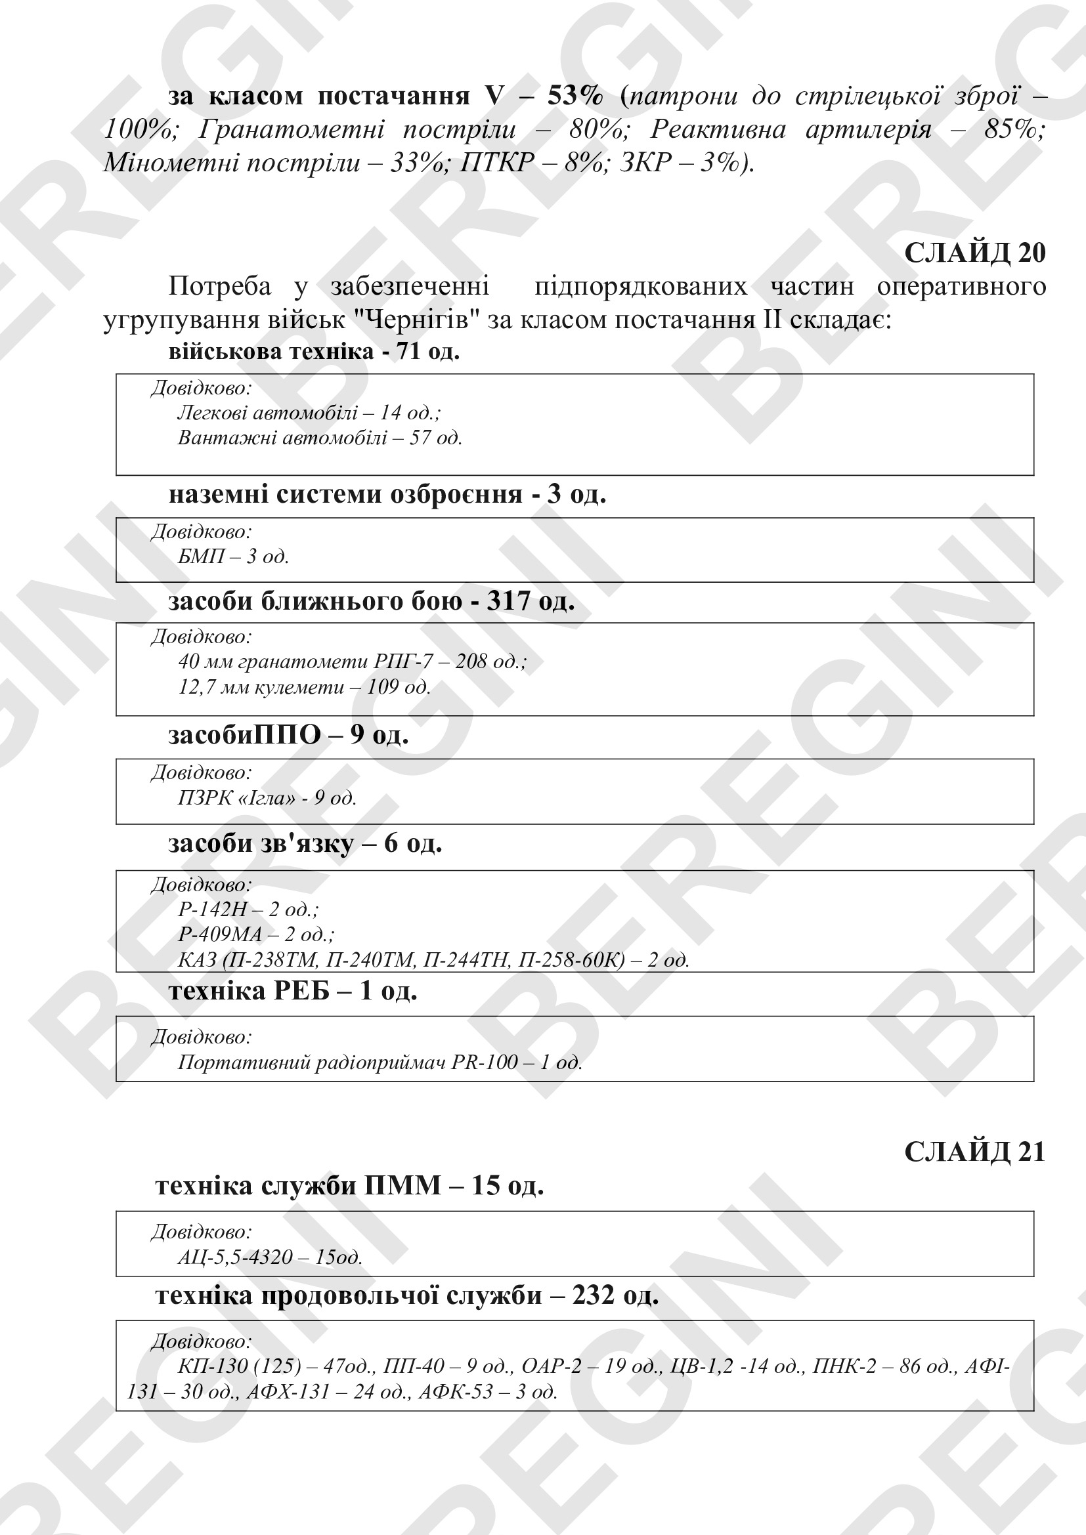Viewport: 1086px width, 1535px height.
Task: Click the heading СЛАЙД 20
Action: click(974, 253)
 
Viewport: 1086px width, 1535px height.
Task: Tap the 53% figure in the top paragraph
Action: click(575, 96)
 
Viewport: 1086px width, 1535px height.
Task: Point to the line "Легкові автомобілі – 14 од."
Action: click(309, 413)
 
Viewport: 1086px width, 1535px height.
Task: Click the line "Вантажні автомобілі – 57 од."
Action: click(320, 438)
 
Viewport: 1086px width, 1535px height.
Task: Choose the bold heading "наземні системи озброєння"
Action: click(345, 494)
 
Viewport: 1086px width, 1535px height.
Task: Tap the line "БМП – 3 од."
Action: click(233, 557)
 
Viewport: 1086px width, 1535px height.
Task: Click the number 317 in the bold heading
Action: click(508, 601)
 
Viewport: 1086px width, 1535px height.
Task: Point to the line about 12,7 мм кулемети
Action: click(304, 686)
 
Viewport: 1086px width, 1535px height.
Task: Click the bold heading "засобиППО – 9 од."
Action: click(288, 735)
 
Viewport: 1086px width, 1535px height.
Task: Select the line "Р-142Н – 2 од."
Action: click(248, 909)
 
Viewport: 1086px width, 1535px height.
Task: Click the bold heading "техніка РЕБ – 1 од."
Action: click(293, 990)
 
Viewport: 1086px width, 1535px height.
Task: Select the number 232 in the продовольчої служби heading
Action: click(592, 1295)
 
